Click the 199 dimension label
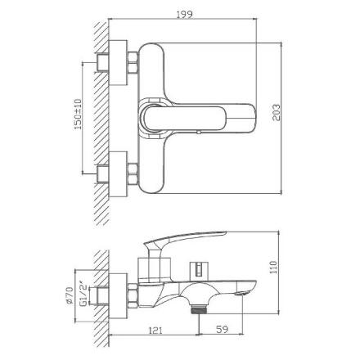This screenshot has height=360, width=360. point(184,14)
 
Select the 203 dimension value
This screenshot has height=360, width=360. point(277,112)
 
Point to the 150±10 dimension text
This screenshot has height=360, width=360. point(78,115)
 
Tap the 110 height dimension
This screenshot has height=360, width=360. point(273,268)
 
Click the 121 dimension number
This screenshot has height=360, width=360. point(155,331)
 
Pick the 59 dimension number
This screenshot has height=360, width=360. point(222,329)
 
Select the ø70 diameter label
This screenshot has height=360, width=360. point(70,295)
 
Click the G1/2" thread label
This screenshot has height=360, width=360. point(84,294)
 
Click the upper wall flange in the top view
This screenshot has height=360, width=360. point(118,63)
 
